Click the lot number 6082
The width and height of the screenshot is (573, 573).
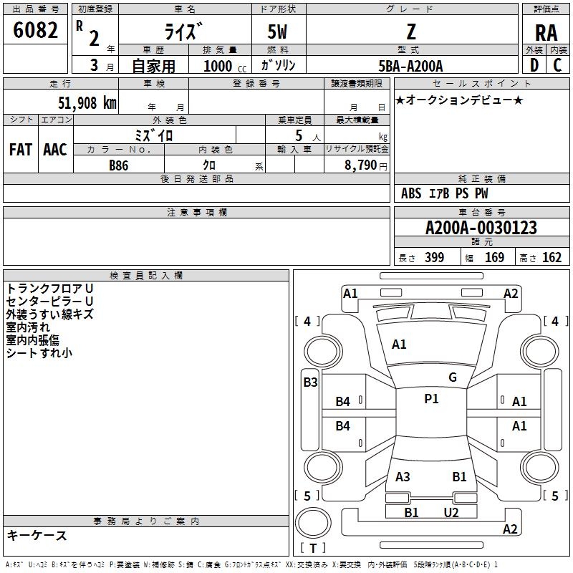pyautogui.click(x=35, y=30)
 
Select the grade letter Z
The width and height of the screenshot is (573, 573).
pyautogui.click(x=411, y=32)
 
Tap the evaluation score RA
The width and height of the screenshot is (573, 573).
pyautogui.click(x=546, y=33)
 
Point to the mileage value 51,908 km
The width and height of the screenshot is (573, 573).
pyautogui.click(x=87, y=103)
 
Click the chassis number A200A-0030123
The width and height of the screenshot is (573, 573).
pyautogui.click(x=481, y=228)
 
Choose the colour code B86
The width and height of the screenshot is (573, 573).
pyautogui.click(x=119, y=165)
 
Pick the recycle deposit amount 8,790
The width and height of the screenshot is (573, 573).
pyautogui.click(x=361, y=165)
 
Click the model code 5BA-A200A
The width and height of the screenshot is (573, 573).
pyautogui.click(x=410, y=66)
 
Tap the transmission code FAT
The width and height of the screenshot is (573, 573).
pyautogui.click(x=21, y=150)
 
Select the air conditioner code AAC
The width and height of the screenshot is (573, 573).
pyautogui.click(x=55, y=150)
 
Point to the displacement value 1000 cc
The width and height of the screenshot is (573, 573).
pyautogui.click(x=225, y=66)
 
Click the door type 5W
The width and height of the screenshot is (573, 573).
pyautogui.click(x=277, y=32)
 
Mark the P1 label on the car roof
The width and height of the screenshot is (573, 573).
pyautogui.click(x=431, y=399)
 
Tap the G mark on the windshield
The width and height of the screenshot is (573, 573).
pyautogui.click(x=453, y=377)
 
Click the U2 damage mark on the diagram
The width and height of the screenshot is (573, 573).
pyautogui.click(x=451, y=513)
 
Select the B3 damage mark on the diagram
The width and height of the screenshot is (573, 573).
pyautogui.click(x=311, y=382)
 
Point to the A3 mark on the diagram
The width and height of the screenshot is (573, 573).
pyautogui.click(x=403, y=476)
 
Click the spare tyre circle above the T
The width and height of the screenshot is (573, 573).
pyautogui.click(x=313, y=523)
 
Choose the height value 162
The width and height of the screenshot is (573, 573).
pyautogui.click(x=552, y=257)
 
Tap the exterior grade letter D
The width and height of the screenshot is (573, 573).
pyautogui.click(x=534, y=65)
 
